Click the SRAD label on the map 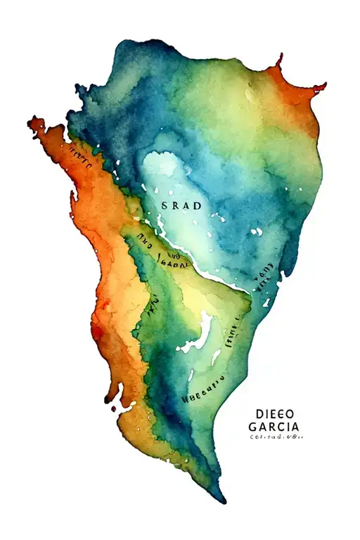coord(181,206)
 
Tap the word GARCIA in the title coord(274,427)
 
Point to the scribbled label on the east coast coord(264,276)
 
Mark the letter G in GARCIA coord(253,427)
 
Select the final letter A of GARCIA coord(294,427)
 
